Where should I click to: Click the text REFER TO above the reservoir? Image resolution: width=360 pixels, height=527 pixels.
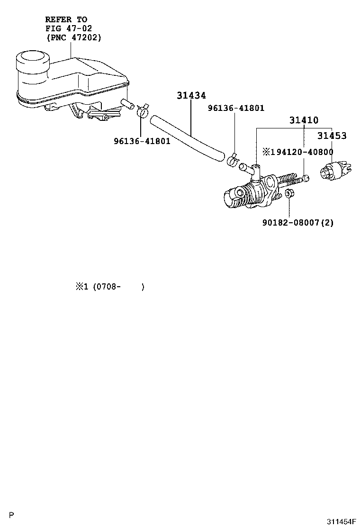[x=66, y=19]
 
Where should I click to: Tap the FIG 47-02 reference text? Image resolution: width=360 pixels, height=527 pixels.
[x=66, y=28]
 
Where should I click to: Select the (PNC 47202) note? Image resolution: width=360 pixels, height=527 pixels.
[x=73, y=37]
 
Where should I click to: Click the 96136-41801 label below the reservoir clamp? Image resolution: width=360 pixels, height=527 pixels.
[x=142, y=141]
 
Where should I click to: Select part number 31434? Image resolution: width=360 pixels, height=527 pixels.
[x=191, y=96]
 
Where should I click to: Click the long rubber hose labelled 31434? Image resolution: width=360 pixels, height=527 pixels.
[x=187, y=137]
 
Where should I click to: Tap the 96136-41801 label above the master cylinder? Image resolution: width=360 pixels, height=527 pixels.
[x=236, y=108]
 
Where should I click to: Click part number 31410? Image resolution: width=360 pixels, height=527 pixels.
[x=304, y=120]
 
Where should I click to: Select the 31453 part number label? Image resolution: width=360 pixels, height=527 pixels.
[x=332, y=136]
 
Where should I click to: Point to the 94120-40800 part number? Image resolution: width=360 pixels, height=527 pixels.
[x=300, y=152]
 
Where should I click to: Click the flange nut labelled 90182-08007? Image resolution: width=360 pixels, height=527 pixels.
[x=290, y=193]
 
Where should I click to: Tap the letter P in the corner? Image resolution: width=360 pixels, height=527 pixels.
[x=12, y=515]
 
